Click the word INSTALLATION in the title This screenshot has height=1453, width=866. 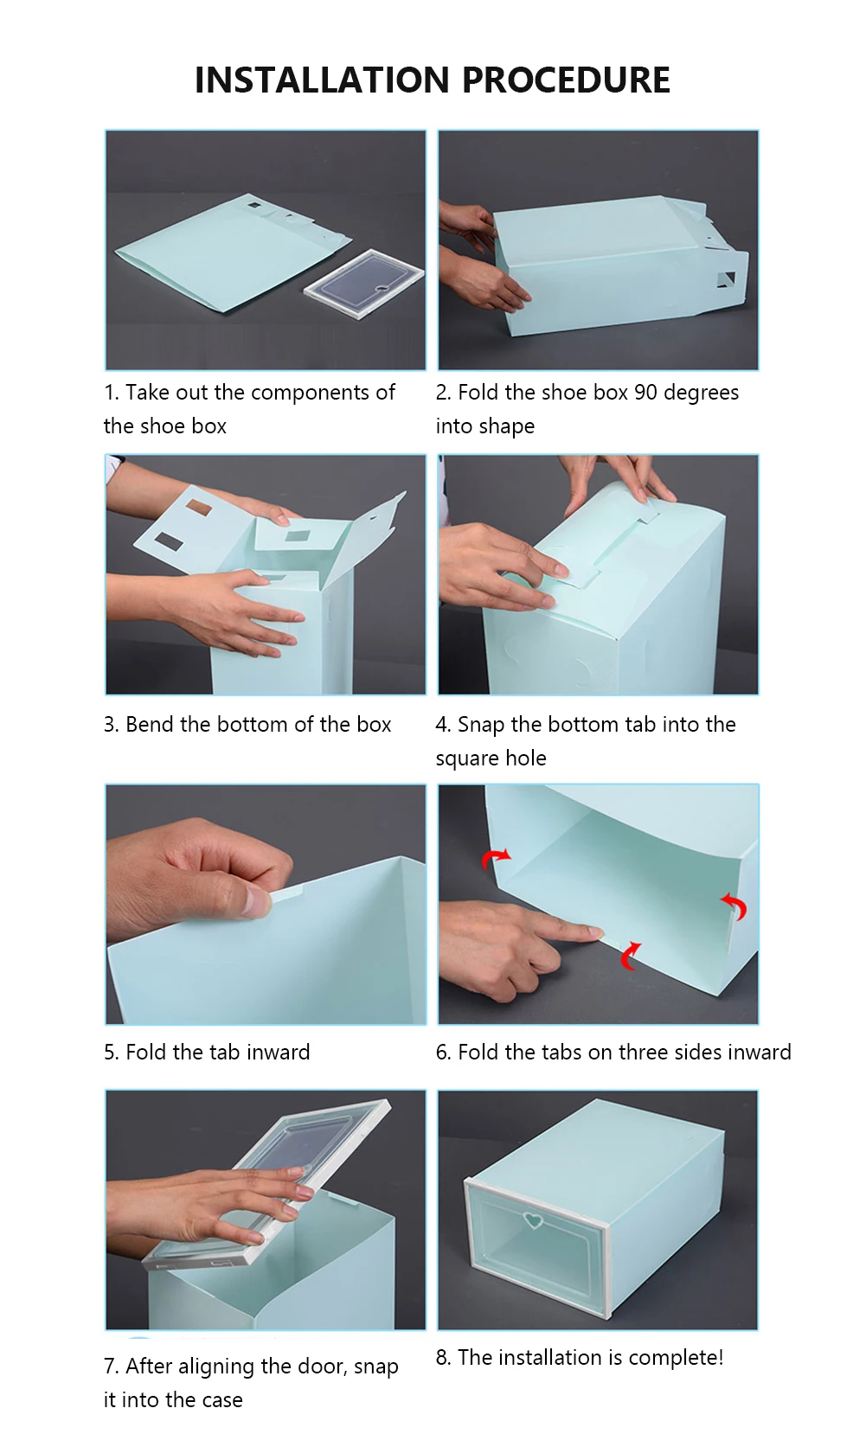[x=322, y=80]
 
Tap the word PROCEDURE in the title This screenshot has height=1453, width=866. [x=566, y=80]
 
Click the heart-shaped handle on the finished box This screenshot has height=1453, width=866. [x=533, y=1220]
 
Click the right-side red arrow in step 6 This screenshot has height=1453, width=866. [x=735, y=906]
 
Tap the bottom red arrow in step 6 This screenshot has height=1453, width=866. [x=630, y=957]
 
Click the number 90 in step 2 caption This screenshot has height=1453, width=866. [x=645, y=393]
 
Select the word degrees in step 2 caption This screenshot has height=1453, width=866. [x=702, y=394]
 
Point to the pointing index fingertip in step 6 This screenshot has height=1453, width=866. [x=594, y=933]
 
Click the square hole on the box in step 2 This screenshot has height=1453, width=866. [x=726, y=280]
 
